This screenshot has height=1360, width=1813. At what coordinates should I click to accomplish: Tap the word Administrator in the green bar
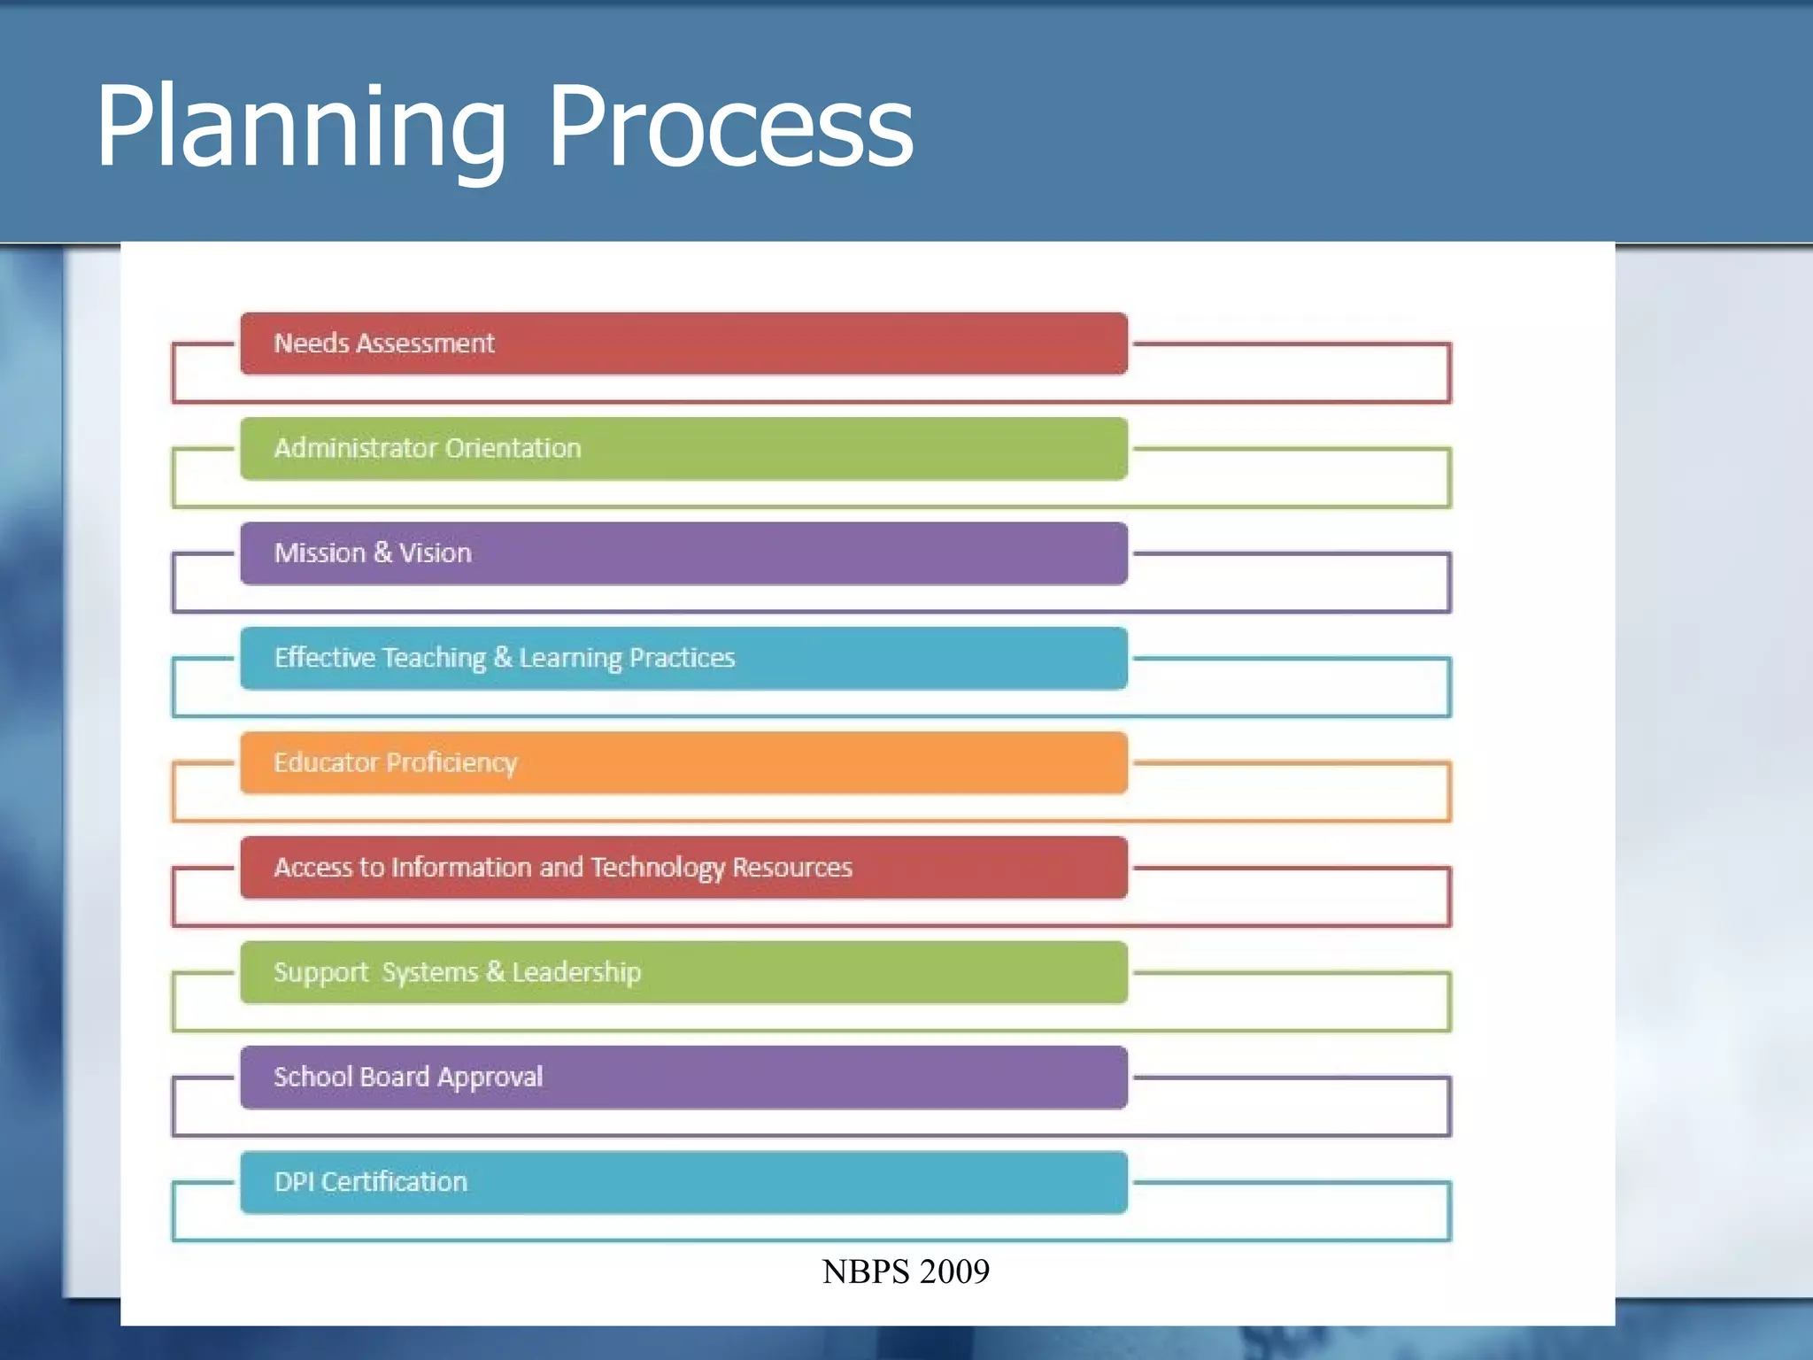356,448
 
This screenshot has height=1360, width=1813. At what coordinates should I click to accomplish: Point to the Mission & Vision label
373,553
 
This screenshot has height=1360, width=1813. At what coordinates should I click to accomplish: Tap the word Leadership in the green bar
576,972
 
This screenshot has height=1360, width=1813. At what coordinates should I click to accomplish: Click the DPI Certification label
370,1182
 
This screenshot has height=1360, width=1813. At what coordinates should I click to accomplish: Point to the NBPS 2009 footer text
906,1271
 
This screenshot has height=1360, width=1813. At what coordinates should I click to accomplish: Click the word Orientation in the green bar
513,448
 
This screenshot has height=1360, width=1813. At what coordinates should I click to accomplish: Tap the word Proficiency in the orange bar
451,762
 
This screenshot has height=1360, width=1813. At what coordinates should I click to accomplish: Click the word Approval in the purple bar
490,1078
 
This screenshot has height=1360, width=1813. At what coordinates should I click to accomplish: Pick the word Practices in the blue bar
683,658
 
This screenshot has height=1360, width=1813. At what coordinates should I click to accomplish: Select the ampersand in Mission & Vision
382,553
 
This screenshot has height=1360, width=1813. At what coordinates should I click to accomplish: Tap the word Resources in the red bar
792,868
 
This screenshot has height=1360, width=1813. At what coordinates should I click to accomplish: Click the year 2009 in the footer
954,1271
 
